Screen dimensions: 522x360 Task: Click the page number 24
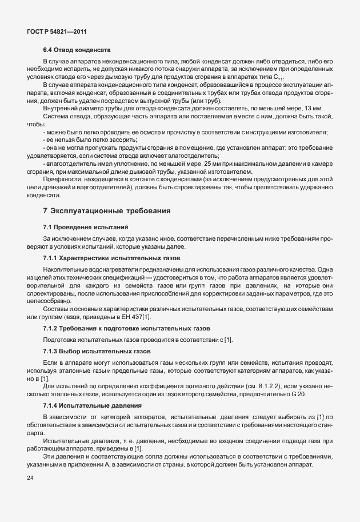[30, 478]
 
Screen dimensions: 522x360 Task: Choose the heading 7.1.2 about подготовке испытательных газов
[127, 328]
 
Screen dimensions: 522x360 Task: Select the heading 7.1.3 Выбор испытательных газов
[98, 350]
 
